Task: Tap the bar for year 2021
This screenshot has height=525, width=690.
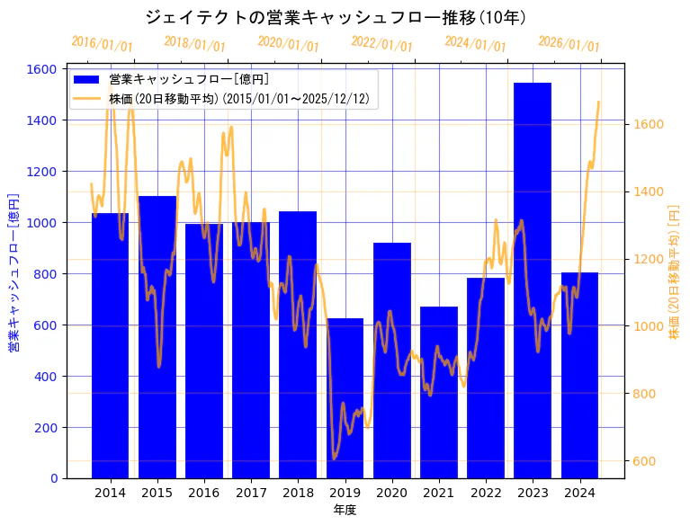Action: point(438,392)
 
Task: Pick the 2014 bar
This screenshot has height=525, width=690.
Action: point(110,345)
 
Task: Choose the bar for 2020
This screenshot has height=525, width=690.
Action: point(391,360)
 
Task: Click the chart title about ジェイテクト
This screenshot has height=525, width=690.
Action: point(336,17)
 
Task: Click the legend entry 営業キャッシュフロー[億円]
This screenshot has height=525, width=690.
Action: point(188,80)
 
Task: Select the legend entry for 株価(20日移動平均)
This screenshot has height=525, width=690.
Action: point(238,99)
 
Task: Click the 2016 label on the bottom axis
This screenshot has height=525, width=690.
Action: point(203,493)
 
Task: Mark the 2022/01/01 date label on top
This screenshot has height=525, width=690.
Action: point(381,45)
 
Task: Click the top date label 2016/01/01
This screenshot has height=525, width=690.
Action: point(102,44)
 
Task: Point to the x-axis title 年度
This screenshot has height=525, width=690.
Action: point(345,510)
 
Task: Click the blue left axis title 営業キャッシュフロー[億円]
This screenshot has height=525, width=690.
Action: point(13,272)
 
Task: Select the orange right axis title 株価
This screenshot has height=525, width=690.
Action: point(674,272)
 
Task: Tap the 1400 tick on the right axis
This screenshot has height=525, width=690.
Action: point(650,191)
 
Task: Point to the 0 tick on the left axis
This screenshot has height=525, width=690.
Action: point(54,478)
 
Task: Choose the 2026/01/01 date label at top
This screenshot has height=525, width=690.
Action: point(569,45)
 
